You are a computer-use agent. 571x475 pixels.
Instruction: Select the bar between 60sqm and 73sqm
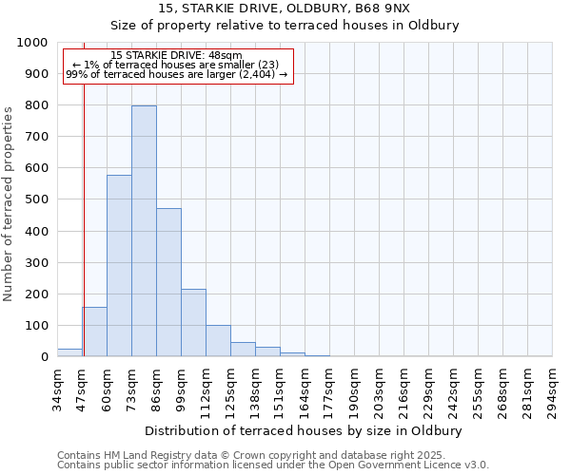point(119,266)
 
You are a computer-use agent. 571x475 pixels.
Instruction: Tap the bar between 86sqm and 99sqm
point(168,282)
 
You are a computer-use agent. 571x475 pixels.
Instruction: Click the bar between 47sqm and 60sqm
point(94,332)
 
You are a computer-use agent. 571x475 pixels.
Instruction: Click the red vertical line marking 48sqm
point(84,218)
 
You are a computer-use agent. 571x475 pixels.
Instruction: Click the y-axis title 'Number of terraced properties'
point(9,203)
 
